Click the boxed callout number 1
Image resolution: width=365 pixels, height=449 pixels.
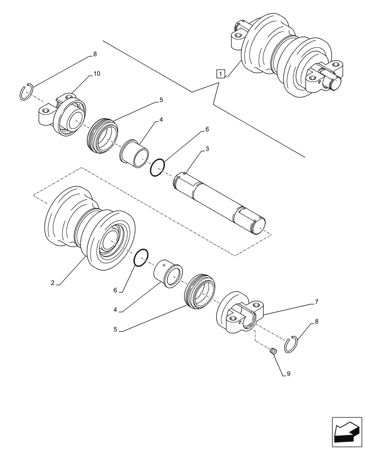[x=220, y=73]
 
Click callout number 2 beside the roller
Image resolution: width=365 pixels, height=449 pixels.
[x=53, y=283]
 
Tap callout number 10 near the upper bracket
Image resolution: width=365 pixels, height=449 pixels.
[x=97, y=74]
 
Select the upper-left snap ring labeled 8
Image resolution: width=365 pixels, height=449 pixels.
[x=28, y=93]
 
